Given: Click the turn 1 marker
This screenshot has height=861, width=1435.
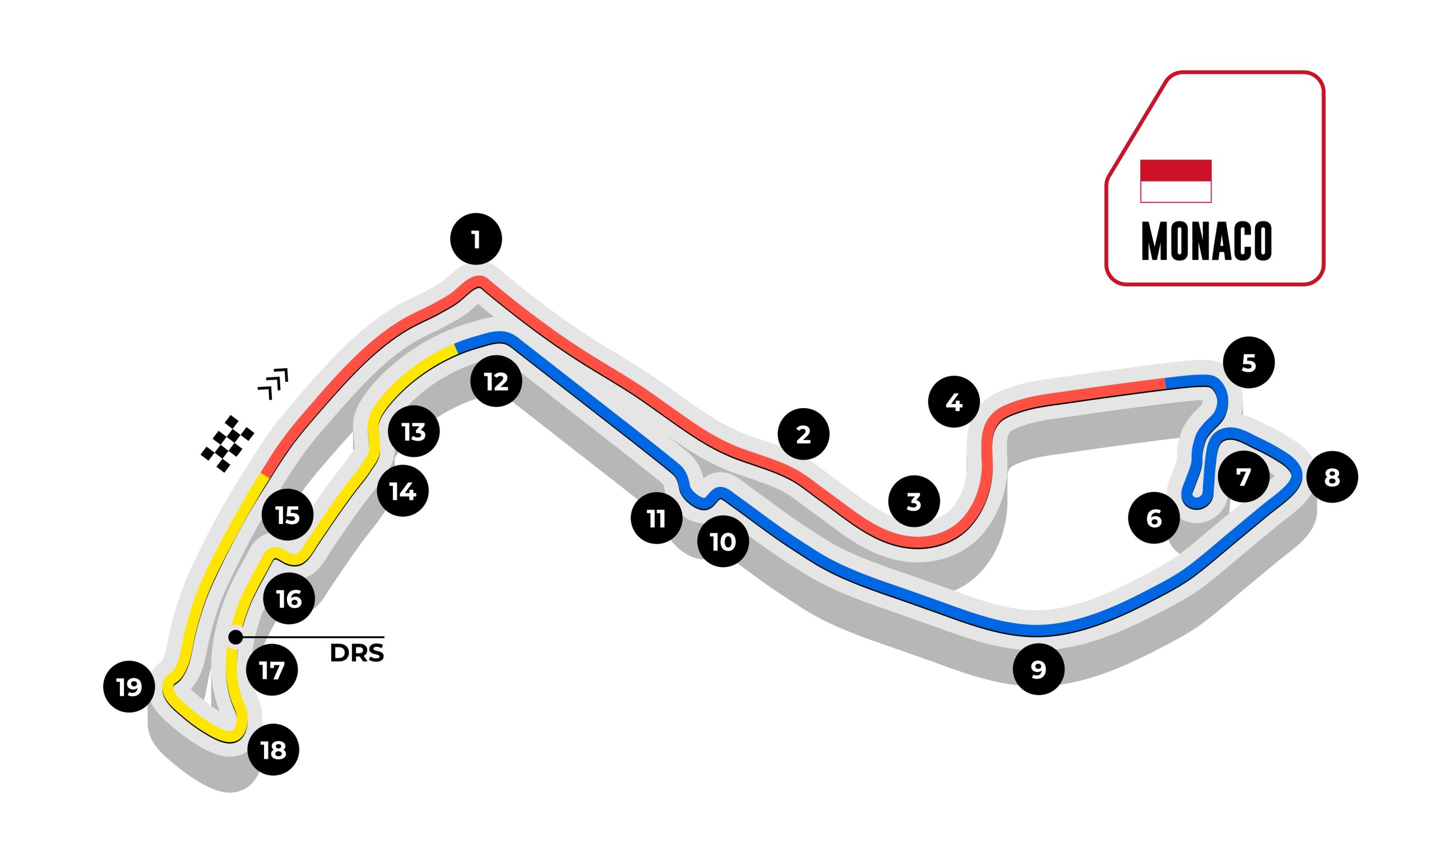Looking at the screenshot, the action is pos(476,239).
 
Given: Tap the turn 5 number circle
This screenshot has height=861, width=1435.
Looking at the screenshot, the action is pos(1248,363).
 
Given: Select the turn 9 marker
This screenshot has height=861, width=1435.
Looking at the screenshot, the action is pos(1038,669).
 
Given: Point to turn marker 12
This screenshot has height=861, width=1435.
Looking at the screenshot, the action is pos(496,381).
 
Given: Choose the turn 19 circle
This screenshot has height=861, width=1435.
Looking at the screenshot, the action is pos(129,686).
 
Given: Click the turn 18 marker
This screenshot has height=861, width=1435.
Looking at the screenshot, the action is pos(273,749).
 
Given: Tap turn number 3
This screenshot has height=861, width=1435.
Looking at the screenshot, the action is pos(914,501).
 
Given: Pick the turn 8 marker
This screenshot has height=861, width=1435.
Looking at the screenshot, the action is pos(1332,477).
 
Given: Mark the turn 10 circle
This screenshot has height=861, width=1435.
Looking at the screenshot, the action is pos(723,541).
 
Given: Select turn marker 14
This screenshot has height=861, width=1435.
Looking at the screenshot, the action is pos(402,491).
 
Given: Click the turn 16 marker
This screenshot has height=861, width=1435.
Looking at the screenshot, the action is pos(289,598).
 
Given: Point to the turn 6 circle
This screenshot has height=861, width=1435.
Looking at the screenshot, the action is pos(1154,517).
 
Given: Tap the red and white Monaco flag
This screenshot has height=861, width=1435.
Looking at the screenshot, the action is pos(1175,181).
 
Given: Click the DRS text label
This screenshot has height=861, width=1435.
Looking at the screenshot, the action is pos(357,653).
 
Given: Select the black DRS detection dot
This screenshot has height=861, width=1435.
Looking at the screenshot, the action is pos(235,637).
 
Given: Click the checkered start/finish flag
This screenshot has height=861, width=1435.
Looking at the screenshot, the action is pos(228,444).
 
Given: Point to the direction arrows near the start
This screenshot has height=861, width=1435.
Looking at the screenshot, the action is pos(272,383).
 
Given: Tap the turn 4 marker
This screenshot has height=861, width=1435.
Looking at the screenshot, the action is pos(953,401).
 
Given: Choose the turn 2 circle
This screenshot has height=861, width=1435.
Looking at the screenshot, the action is pos(803,434).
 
